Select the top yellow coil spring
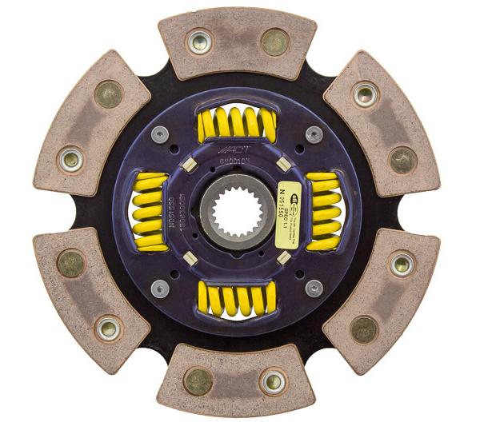237,124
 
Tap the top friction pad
237,42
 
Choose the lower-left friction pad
90,300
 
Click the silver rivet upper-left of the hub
160,134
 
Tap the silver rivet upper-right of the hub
314,134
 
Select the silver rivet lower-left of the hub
160,288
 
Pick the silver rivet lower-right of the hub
314,288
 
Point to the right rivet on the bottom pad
273,382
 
